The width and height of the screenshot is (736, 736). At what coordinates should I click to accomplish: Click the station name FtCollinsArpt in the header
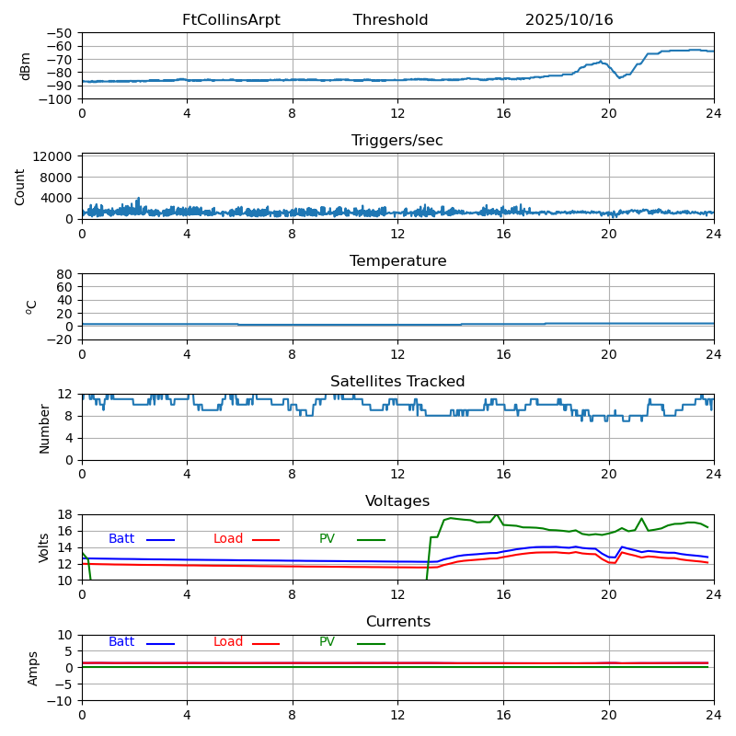coord(231,20)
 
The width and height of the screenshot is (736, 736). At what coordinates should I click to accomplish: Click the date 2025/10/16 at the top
coord(569,20)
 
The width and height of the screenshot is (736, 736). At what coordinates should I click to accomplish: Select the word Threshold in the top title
coord(390,20)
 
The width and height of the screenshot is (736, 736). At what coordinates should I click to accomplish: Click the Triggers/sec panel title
coord(397,141)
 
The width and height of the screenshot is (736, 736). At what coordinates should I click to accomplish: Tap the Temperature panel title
coord(397,261)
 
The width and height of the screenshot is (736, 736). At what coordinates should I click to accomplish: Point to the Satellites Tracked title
coord(397,382)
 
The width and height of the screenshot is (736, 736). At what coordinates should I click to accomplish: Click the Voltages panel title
coord(397,501)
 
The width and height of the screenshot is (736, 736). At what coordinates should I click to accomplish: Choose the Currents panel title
coord(397,622)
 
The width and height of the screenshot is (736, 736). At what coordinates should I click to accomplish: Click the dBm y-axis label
coord(26,65)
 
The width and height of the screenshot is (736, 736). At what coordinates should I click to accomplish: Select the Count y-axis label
coord(20,186)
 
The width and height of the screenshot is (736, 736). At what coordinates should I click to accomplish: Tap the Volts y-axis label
coord(44,547)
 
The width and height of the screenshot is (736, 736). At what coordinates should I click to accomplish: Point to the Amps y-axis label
coord(33,668)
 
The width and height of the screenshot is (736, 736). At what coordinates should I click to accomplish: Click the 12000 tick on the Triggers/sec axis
coord(53,157)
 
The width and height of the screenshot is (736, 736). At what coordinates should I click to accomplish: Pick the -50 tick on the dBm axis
coord(60,33)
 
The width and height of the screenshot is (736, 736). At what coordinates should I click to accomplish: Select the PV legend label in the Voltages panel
coord(327,539)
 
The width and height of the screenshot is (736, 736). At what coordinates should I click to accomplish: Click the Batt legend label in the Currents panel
coord(121,642)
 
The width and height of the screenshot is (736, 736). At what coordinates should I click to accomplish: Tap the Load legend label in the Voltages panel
coord(228,539)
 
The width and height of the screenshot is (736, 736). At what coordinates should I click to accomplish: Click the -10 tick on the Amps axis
coord(60,701)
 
